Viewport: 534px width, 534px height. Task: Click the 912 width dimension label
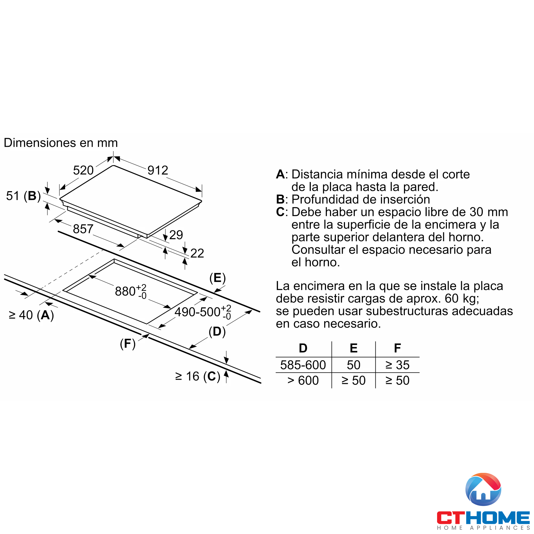[x=158, y=170]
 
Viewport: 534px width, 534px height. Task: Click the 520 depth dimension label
[x=83, y=170]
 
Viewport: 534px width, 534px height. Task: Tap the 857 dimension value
[x=83, y=229]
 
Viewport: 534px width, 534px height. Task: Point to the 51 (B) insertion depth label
[x=23, y=196]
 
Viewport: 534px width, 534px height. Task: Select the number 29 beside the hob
[x=176, y=235]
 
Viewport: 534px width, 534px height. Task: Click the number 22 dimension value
[x=197, y=253]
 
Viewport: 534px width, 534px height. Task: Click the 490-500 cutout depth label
[x=203, y=312]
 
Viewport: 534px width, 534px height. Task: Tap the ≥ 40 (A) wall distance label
[x=31, y=315]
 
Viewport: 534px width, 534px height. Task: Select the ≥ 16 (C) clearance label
[x=198, y=376]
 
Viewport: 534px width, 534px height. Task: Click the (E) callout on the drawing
[x=218, y=278]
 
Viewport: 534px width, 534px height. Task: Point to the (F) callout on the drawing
[x=128, y=344]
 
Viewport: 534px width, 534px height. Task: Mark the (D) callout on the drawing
[x=217, y=331]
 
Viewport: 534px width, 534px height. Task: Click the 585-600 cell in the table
[x=303, y=365]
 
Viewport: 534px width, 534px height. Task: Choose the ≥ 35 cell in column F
[x=398, y=365]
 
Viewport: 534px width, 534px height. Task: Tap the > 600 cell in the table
[x=303, y=380]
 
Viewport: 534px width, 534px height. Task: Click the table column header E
[x=354, y=348]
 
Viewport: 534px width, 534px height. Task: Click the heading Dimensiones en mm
[x=61, y=143]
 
